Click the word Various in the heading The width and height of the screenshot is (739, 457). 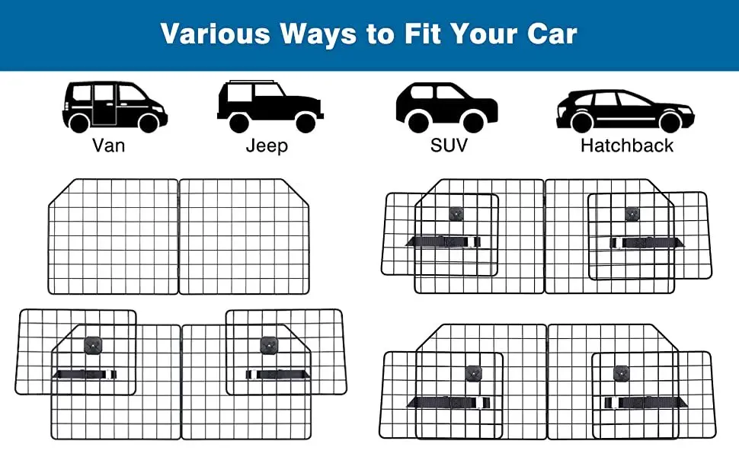pos(216,34)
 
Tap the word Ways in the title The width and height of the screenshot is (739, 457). pos(318,34)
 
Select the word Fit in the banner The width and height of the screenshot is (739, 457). pos(421,34)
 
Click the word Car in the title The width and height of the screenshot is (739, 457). pos(552,34)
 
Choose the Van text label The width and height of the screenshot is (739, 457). pos(108,145)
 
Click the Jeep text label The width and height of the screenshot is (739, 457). pos(267,145)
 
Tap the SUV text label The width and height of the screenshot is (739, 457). pos(449,145)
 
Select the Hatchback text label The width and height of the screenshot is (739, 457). pos(627,145)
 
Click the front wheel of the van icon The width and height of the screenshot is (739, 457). pos(149,123)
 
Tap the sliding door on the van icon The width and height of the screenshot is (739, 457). pos(104,104)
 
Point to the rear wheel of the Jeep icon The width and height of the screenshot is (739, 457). pos(239,123)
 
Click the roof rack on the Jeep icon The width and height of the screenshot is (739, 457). pos(251,82)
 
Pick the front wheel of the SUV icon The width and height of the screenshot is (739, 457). pos(473,123)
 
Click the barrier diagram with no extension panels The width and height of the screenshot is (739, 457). pos(178,237)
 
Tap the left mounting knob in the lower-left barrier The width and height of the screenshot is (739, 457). pos(93,345)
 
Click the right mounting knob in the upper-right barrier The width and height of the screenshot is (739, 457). pos(632,214)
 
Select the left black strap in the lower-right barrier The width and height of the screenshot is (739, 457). pos(449,402)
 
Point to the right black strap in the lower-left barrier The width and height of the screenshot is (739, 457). pos(277,375)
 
